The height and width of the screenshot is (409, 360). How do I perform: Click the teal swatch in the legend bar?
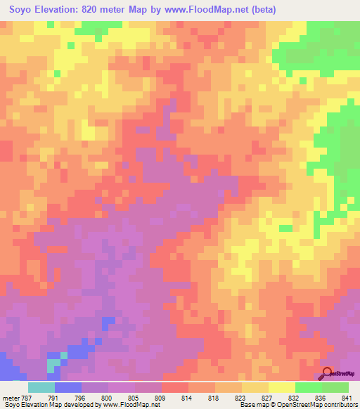(x=41, y=387)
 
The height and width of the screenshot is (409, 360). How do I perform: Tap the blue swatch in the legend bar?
(x=67, y=387)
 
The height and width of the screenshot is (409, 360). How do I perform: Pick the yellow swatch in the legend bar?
(x=281, y=387)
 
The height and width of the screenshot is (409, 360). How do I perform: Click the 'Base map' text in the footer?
(x=250, y=404)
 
